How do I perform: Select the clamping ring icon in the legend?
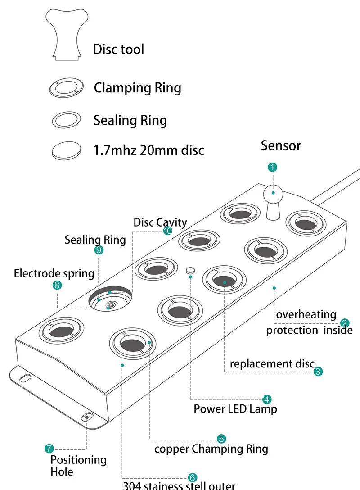point(67,87)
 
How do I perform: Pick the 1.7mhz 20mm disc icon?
point(67,150)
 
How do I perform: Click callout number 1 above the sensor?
point(272,168)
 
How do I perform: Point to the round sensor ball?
point(273,193)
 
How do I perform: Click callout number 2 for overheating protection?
point(345,322)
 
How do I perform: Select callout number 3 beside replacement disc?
point(318,372)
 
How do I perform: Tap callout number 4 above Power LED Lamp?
point(267,399)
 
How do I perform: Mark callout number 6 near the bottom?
point(192,477)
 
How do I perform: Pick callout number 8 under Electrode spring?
point(57,285)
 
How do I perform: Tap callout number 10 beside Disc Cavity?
point(167,231)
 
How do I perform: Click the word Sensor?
point(281,145)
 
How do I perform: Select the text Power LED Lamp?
point(235,409)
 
